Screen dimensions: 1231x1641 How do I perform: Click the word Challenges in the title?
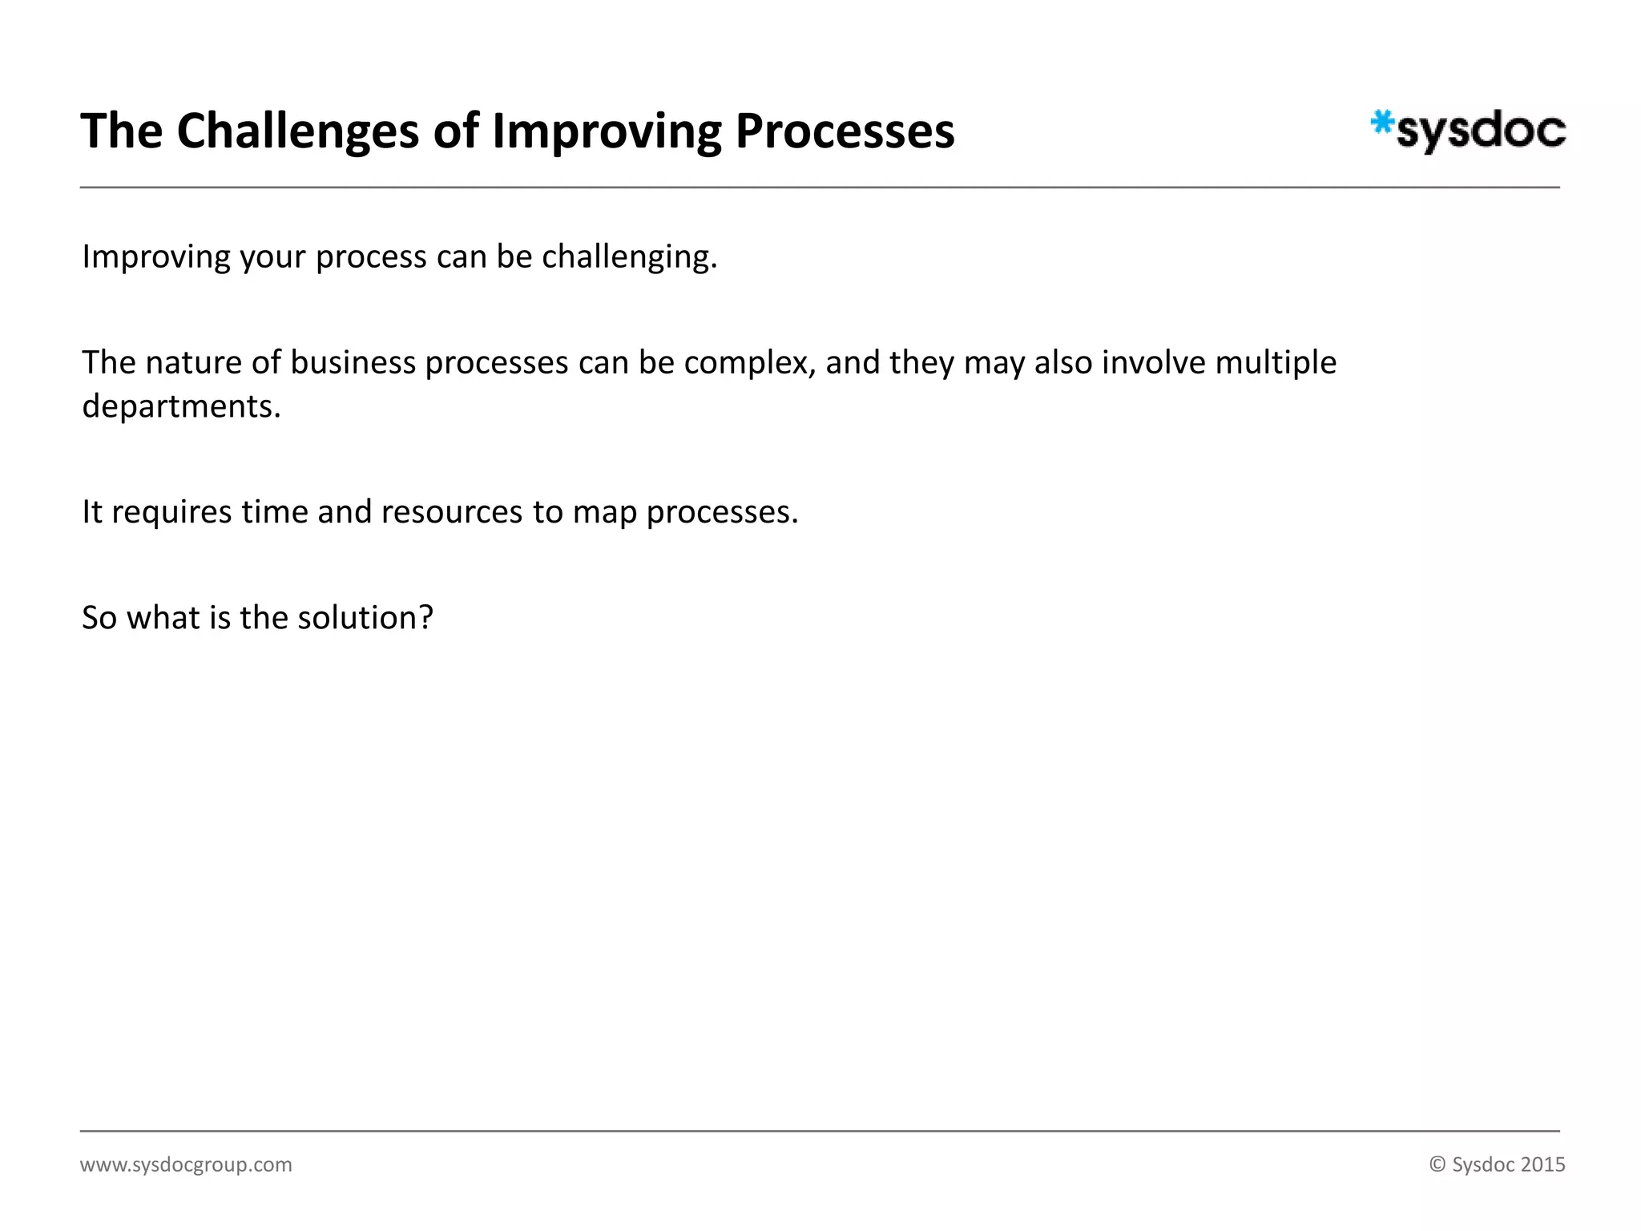297,131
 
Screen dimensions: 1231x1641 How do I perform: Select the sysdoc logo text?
1481,131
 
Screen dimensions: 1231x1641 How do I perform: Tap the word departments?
181,406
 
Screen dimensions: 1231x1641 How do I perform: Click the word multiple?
1276,363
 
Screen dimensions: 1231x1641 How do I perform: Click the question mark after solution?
425,618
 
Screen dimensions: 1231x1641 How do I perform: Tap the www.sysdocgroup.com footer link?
186,1164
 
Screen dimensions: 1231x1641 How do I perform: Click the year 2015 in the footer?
1542,1164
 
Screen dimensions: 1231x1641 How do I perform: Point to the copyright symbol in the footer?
1437,1164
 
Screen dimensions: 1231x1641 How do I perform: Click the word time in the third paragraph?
274,512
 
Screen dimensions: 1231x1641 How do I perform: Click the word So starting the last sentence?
99,618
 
